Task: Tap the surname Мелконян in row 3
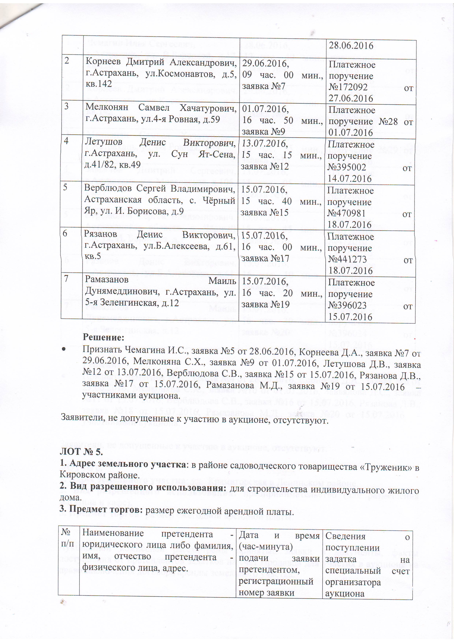107,108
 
